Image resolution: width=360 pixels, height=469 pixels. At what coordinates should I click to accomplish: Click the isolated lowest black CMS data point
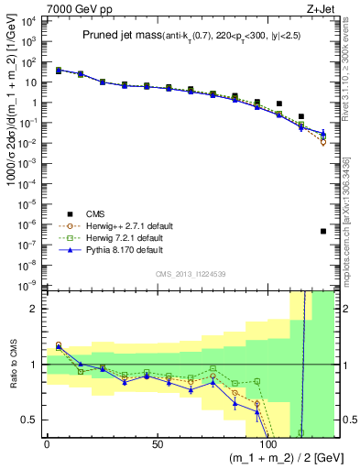tap(323, 231)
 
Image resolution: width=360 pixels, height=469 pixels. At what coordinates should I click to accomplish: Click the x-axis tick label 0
tap(48, 444)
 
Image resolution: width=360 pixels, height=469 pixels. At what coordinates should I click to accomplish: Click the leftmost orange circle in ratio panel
tap(59, 345)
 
